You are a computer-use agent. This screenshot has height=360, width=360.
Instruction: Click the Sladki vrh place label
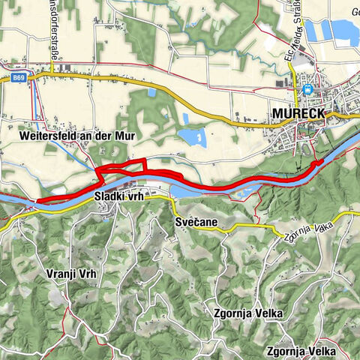(118, 197)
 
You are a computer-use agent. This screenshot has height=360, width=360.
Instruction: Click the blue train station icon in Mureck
(307, 90)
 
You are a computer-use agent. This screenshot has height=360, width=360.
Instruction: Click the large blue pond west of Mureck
(192, 136)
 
